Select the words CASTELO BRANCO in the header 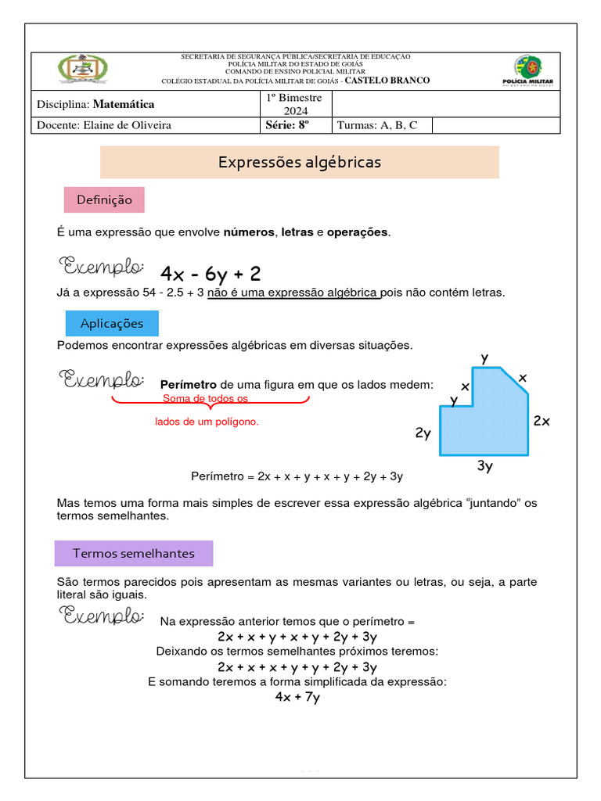tap(387, 81)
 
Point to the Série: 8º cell tap(286, 125)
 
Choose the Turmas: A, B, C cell tap(376, 125)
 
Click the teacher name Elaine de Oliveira tap(127, 125)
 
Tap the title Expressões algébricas tap(299, 162)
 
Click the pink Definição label tap(103, 200)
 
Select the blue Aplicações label tap(111, 323)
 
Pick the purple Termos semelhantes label tap(133, 553)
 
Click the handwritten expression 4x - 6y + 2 tap(210, 273)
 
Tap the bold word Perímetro tap(188, 385)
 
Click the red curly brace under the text tap(210, 402)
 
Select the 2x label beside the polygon tap(542, 421)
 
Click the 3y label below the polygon tap(484, 466)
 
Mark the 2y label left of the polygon tap(423, 433)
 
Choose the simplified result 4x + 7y tap(297, 697)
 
